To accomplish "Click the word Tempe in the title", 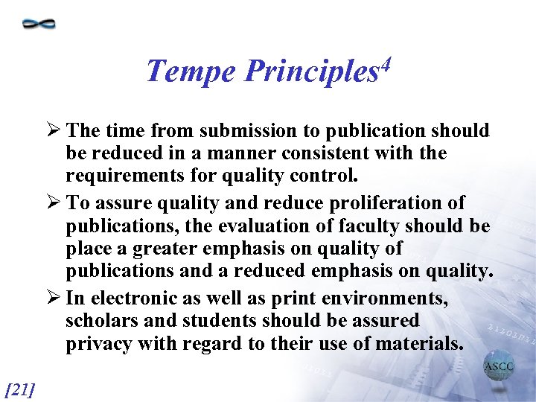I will pyautogui.click(x=191, y=72).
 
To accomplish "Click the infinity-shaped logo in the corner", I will pyautogui.click(x=39, y=23).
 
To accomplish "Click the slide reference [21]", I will pyautogui.click(x=20, y=388).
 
